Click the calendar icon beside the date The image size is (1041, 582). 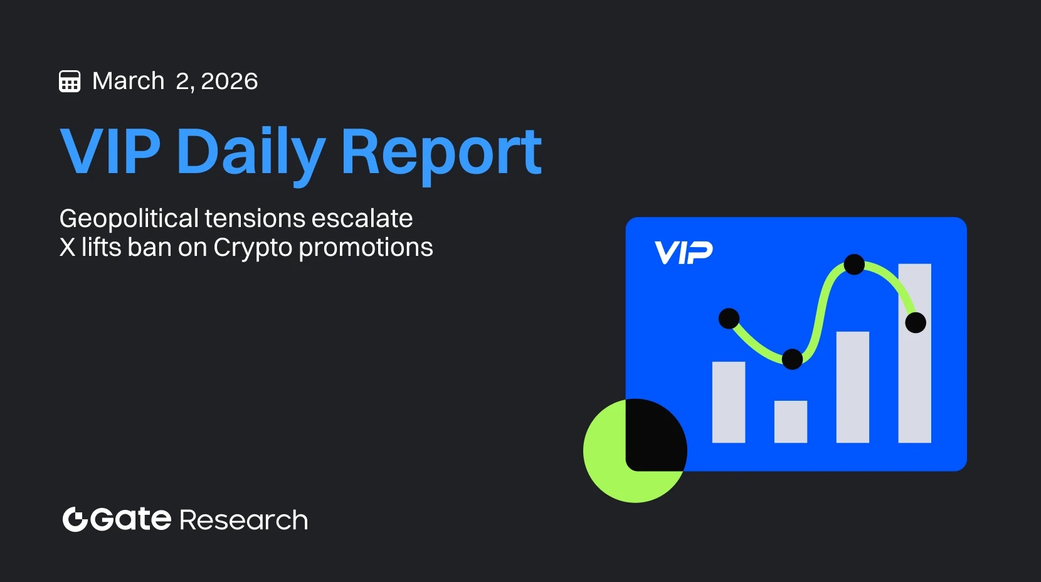pyautogui.click(x=70, y=82)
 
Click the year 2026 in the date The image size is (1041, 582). pyautogui.click(x=230, y=82)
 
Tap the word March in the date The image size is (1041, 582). pyautogui.click(x=129, y=81)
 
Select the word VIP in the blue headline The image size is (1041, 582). pyautogui.click(x=110, y=151)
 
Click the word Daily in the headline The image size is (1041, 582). pyautogui.click(x=251, y=155)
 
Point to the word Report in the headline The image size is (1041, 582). pyautogui.click(x=441, y=155)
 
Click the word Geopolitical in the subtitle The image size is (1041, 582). pyautogui.click(x=129, y=219)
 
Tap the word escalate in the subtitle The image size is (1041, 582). pyautogui.click(x=362, y=218)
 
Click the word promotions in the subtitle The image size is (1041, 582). pyautogui.click(x=366, y=248)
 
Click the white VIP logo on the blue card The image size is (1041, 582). pyautogui.click(x=683, y=252)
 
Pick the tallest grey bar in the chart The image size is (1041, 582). pyautogui.click(x=914, y=353)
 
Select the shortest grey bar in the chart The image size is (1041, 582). pyautogui.click(x=791, y=421)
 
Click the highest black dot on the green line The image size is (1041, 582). pyautogui.click(x=854, y=265)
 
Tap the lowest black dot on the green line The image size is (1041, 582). pyautogui.click(x=793, y=359)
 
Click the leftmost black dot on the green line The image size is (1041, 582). pyautogui.click(x=729, y=319)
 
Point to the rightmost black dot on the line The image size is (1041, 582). pyautogui.click(x=916, y=322)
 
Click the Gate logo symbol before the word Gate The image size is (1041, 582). pyautogui.click(x=75, y=519)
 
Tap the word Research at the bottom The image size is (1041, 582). pyautogui.click(x=244, y=520)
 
